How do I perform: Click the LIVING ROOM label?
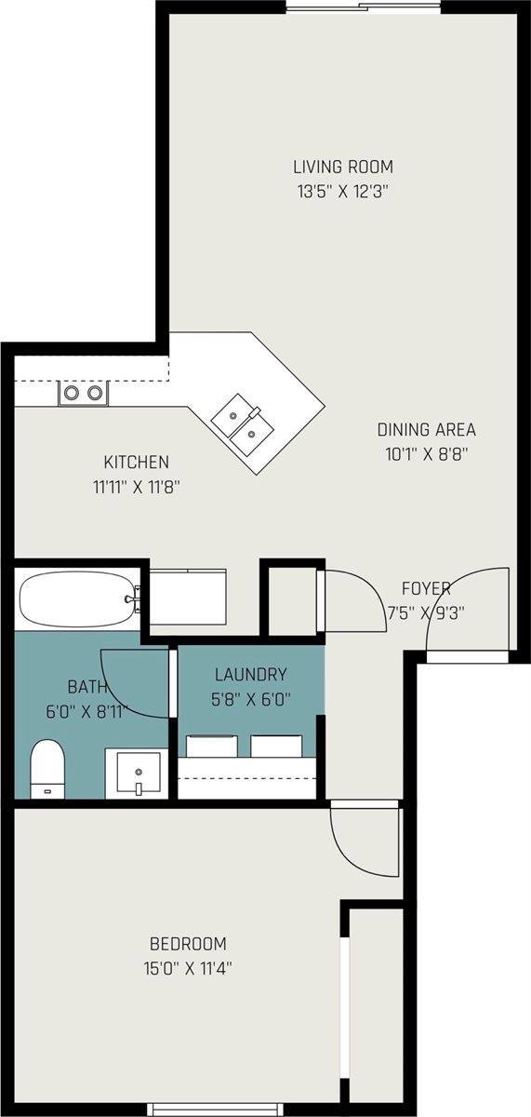tap(343, 167)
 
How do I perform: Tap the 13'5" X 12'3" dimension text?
tap(343, 192)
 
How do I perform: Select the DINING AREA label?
tap(427, 429)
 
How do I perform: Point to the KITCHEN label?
tap(136, 462)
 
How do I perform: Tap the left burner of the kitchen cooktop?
tap(72, 393)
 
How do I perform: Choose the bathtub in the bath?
tap(78, 599)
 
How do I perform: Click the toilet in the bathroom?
tap(47, 769)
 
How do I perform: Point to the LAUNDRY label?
tap(250, 675)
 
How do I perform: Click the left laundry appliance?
tap(211, 747)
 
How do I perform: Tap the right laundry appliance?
tap(276, 747)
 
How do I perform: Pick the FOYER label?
tap(426, 588)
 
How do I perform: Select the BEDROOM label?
tap(188, 944)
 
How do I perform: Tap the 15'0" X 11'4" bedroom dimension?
tap(188, 969)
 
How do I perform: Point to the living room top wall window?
tap(364, 7)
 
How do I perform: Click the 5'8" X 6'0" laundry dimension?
tap(251, 700)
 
